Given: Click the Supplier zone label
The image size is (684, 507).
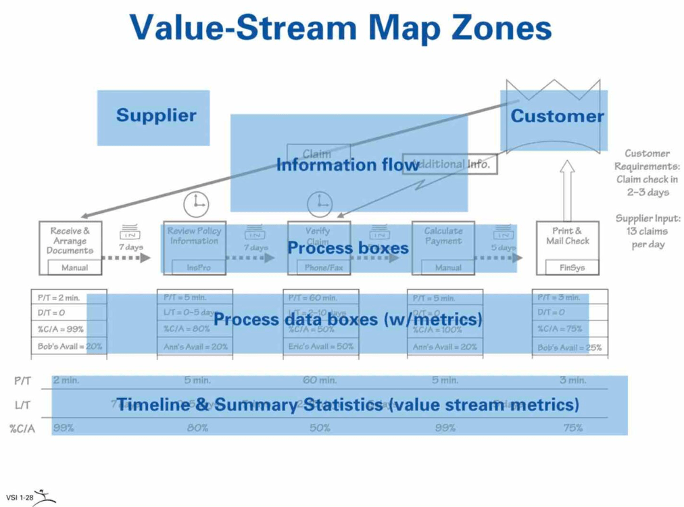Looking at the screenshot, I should [156, 116].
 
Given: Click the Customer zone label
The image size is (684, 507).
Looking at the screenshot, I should [557, 116].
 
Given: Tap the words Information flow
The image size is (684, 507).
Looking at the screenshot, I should [347, 164].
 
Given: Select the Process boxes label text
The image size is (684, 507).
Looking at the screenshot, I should [348, 248].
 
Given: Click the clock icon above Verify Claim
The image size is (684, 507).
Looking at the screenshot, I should [320, 203].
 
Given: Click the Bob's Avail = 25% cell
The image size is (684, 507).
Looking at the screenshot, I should [569, 347].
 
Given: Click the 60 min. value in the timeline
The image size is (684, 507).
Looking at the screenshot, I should [320, 381].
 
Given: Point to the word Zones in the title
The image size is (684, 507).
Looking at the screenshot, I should [489, 28].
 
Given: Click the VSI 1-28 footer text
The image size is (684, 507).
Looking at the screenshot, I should [20, 497].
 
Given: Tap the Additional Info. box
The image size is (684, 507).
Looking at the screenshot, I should [451, 164].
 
